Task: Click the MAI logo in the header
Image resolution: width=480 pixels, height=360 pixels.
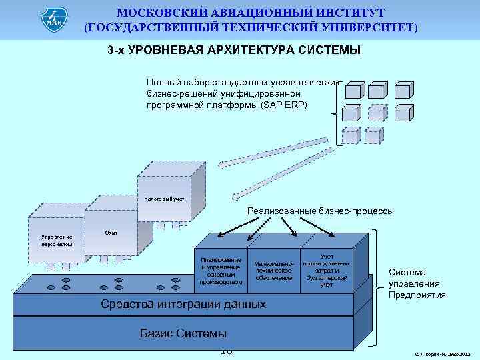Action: coord(54,19)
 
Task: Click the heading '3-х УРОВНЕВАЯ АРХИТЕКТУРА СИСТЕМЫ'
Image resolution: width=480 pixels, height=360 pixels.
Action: coord(233,51)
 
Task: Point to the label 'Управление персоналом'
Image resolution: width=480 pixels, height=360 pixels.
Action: coord(56,240)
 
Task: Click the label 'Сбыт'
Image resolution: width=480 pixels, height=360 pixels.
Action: coord(112,233)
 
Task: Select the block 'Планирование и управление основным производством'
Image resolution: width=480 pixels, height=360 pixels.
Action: coord(221,271)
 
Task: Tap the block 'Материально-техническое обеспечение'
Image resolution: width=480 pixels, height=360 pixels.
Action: coord(274,270)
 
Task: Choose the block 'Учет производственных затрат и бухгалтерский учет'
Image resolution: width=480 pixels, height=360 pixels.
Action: coord(327,270)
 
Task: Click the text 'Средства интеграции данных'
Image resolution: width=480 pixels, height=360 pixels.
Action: coord(183,304)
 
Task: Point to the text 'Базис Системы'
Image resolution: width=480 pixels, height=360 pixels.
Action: coord(183,333)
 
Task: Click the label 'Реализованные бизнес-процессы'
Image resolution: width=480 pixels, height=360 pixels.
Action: coord(320,211)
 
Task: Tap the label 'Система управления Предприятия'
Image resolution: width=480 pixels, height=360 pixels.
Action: coord(417,283)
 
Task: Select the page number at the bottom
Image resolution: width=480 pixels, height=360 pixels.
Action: coord(226,351)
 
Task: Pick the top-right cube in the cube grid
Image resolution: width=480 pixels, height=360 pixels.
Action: coord(404,91)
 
